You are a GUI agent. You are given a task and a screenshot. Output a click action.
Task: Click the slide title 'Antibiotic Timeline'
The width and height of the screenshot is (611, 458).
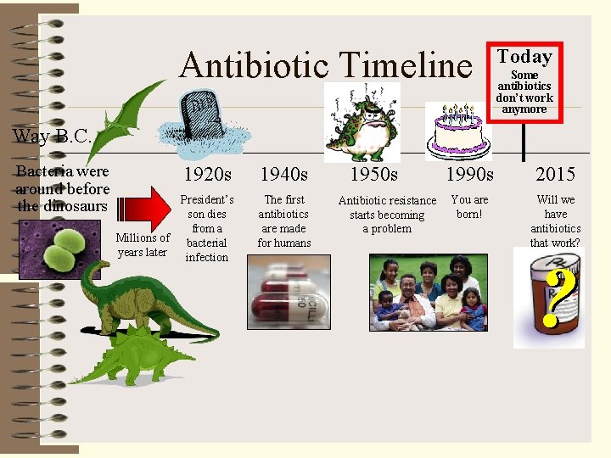click(x=325, y=65)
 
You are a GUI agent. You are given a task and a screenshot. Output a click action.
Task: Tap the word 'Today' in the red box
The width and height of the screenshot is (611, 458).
click(x=524, y=57)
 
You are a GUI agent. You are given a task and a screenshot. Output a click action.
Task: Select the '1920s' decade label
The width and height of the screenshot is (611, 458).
click(x=207, y=175)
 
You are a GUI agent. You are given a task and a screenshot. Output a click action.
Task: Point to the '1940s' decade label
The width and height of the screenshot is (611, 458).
click(x=284, y=175)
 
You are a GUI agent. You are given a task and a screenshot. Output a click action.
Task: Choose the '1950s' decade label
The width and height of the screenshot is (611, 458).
click(x=374, y=175)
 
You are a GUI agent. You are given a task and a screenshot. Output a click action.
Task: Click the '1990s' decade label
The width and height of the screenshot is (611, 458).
click(x=469, y=175)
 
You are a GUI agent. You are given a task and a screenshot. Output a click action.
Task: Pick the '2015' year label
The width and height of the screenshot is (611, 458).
click(x=555, y=175)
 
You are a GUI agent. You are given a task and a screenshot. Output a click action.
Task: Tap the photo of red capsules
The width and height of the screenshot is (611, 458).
click(x=288, y=293)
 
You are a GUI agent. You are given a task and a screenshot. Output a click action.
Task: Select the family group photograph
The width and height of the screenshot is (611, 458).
click(x=429, y=293)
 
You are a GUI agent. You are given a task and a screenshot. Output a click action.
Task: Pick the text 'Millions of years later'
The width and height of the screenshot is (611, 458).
click(x=143, y=245)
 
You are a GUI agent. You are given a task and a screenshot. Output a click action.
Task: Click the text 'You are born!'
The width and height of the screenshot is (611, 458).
click(x=469, y=207)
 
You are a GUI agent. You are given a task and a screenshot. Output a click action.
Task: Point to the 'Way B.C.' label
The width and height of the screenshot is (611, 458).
click(x=52, y=136)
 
